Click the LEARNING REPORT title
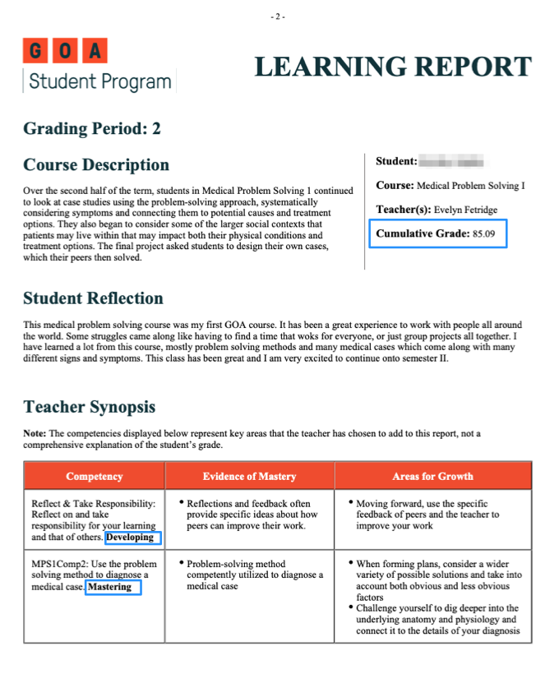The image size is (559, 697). (x=393, y=67)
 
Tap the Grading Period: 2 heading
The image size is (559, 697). (x=92, y=128)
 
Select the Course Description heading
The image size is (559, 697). (x=96, y=165)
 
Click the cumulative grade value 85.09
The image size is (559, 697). (x=484, y=234)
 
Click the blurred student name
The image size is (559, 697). (x=451, y=161)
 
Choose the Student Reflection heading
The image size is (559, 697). (x=93, y=298)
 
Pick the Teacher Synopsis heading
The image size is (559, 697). (x=89, y=407)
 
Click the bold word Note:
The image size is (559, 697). (x=35, y=433)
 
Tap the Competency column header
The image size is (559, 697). (x=95, y=477)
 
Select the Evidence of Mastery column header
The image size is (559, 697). (x=249, y=477)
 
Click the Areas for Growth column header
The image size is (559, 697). (x=432, y=477)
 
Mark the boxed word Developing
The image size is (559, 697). (x=131, y=538)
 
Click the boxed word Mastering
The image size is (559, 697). (x=109, y=588)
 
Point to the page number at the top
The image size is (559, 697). (x=279, y=16)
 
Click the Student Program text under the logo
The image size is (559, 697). (x=100, y=82)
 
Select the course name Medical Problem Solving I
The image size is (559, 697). (x=470, y=186)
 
